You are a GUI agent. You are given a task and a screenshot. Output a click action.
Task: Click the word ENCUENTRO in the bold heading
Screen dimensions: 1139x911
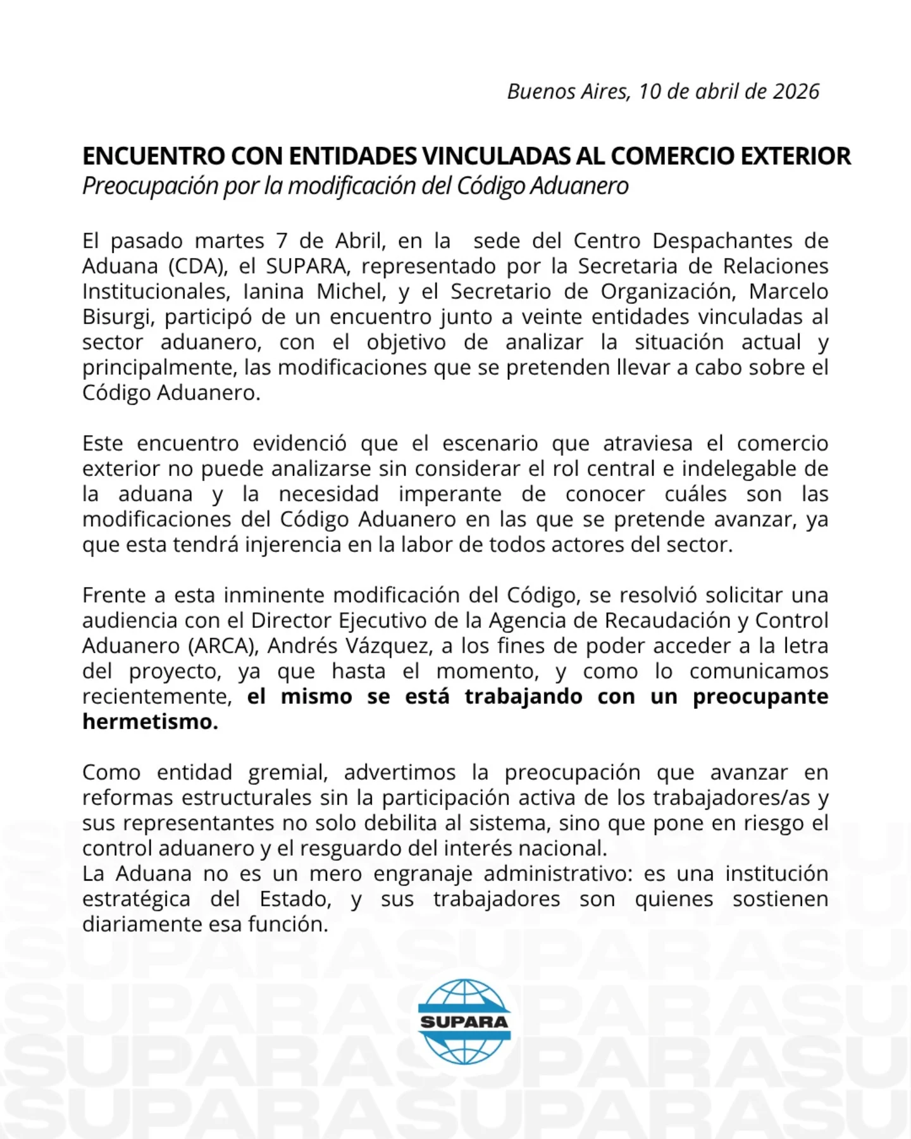coord(154,156)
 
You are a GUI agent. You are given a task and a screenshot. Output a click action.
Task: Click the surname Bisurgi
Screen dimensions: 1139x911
coord(118,317)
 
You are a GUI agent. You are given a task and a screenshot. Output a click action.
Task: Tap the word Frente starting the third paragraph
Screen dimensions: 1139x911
coord(118,595)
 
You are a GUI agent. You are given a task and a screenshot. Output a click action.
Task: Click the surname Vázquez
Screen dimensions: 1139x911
coord(389,646)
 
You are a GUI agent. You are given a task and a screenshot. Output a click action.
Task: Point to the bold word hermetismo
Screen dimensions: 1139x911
coord(150,722)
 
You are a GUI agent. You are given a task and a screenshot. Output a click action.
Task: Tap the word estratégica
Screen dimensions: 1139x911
coord(136,899)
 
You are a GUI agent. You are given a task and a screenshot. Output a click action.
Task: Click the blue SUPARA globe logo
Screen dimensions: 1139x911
coord(464,1021)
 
